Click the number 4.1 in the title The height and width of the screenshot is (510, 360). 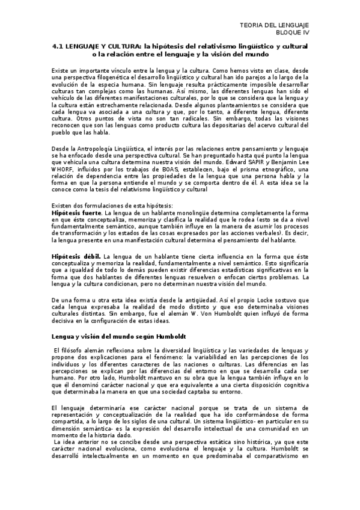pos(58,46)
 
